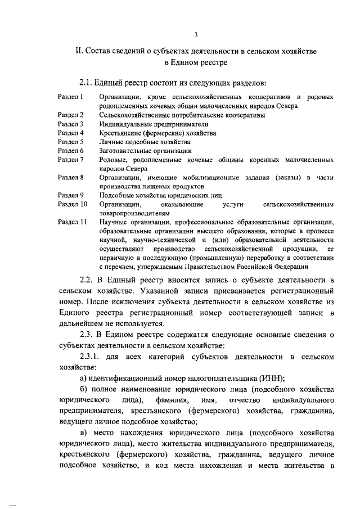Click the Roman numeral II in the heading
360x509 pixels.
pos(78,51)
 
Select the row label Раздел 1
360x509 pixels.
pos(70,97)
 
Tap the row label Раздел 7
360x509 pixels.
pos(70,160)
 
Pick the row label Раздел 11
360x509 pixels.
pos(72,222)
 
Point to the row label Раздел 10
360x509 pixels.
pos(72,204)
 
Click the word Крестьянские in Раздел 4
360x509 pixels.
pos(120,133)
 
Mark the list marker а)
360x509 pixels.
pos(84,378)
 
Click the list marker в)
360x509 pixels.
pos(84,432)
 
